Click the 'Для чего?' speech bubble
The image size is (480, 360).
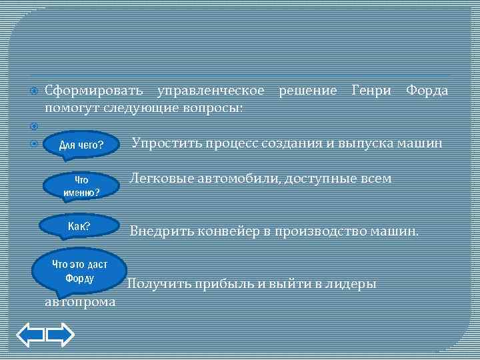coord(81,145)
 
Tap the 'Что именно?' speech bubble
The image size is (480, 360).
coord(81,187)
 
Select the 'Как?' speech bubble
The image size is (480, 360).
coord(79,226)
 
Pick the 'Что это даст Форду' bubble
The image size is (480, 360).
coord(79,271)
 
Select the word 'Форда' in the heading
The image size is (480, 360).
coord(427,90)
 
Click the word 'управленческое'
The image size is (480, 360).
coord(209,90)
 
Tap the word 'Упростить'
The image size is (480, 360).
coord(165,143)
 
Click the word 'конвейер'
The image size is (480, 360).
coord(215,232)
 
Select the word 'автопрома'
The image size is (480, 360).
coord(80,303)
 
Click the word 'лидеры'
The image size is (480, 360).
coord(353,284)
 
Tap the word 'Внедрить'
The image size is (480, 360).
coord(157,232)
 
